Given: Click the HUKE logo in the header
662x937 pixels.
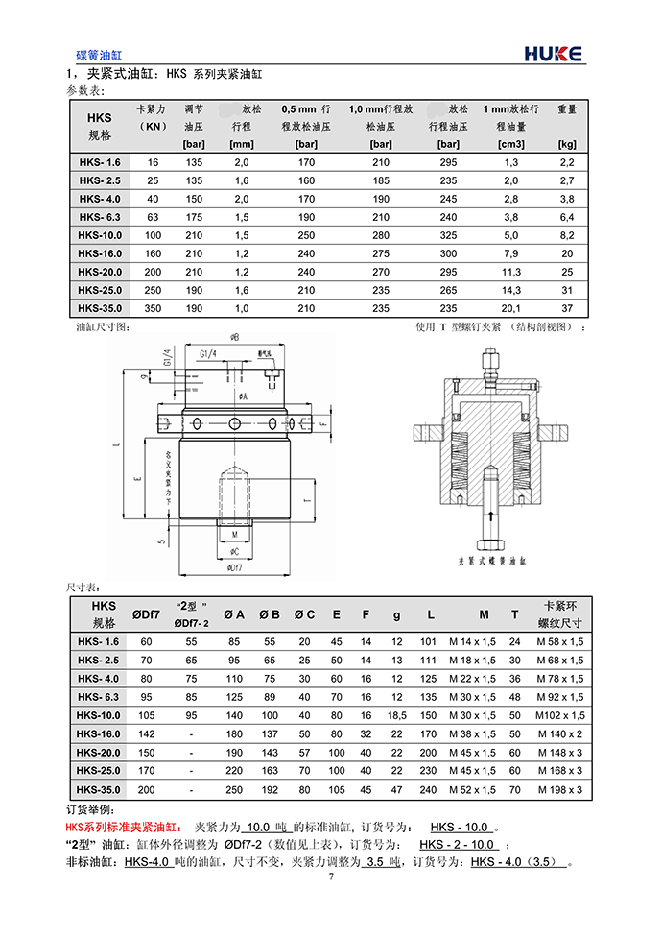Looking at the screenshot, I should click(x=553, y=55).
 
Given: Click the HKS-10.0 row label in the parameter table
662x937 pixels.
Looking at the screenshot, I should click(x=100, y=235).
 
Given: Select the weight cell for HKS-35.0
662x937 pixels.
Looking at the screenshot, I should click(x=566, y=308).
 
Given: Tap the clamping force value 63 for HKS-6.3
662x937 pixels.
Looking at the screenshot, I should click(x=153, y=217).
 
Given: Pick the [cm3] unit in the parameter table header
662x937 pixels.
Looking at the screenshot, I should click(x=509, y=144).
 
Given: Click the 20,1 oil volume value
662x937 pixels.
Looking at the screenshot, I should click(x=510, y=308).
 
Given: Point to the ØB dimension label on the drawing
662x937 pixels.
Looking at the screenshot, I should click(x=234, y=338).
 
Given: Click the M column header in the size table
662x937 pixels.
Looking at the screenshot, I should click(x=484, y=614).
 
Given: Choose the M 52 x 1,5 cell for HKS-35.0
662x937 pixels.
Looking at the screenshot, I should click(x=473, y=790).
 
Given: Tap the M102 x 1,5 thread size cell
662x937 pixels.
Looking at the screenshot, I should click(x=559, y=715).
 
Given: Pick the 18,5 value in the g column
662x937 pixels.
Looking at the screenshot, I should click(x=397, y=715).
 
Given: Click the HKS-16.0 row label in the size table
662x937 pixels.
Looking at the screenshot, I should click(x=100, y=734).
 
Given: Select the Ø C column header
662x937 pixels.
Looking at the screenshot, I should click(x=304, y=614).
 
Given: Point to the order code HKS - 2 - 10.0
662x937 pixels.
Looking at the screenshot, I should click(x=458, y=845).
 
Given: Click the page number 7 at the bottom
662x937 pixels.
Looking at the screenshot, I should click(x=331, y=877).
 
